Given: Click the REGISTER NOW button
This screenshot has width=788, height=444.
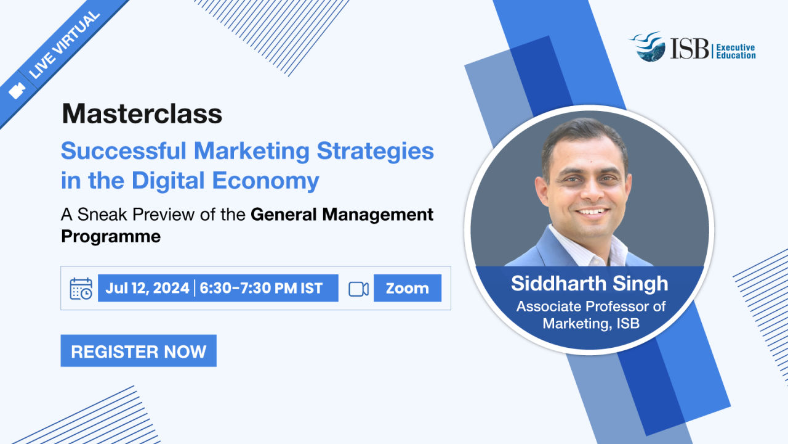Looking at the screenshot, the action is click(139, 351).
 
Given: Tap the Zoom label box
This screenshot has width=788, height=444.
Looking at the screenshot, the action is click(408, 288).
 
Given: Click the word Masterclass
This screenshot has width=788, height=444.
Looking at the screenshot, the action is click(142, 114).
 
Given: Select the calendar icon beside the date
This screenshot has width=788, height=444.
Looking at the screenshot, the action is click(81, 289).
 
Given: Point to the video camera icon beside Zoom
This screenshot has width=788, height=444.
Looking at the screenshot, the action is click(358, 289).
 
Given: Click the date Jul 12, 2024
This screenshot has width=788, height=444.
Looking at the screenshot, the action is click(147, 288).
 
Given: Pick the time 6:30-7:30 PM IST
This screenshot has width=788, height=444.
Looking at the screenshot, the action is click(260, 288).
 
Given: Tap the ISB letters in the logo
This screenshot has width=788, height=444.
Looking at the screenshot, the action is click(689, 49).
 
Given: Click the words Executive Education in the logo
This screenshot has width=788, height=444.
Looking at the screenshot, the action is click(736, 51).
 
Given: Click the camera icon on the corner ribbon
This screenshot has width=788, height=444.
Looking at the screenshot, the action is click(17, 91).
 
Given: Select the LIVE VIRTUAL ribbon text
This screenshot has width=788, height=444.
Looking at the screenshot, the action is click(65, 45).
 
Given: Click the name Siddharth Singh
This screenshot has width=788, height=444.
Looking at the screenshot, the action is click(589, 283).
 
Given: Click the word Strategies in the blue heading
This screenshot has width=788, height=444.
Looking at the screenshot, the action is click(376, 152).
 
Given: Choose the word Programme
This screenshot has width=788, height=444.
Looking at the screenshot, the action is click(111, 237).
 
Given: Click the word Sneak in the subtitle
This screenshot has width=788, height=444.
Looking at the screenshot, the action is click(101, 214).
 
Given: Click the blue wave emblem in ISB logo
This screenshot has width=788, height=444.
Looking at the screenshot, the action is click(648, 46).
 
